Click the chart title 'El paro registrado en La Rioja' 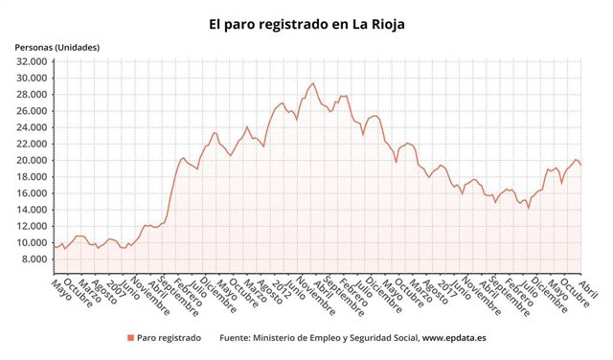pos(306,20)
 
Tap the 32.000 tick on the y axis pos(32,61)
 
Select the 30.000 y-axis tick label pos(32,78)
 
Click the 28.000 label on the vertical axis pos(32,94)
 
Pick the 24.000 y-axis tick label pos(32,127)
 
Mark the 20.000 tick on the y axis pos(32,160)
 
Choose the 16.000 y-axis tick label pos(32,193)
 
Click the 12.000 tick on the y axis pos(32,226)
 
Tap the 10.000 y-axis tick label pos(32,242)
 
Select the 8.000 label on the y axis pos(34,259)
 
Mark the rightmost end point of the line pos(580,166)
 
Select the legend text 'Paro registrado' pos(169,338)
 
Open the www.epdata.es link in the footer pos(457,338)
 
